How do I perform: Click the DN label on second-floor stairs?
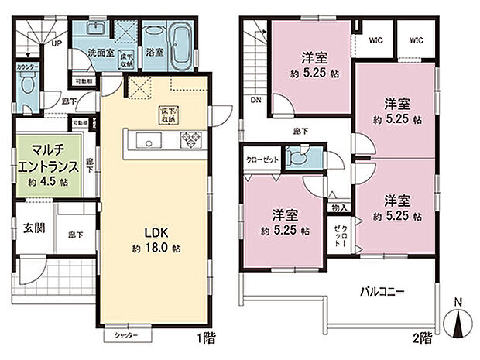255,100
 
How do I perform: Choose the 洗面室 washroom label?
101,53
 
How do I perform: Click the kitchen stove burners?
191,139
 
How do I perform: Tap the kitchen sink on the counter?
147,139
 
